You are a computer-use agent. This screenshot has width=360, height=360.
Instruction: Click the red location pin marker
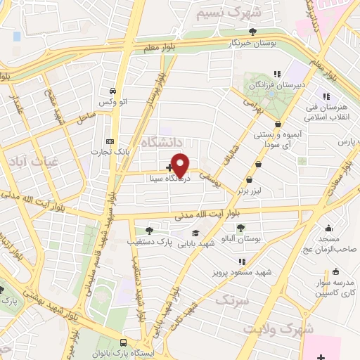coord(181,165)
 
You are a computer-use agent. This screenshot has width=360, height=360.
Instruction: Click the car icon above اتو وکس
coord(112,91)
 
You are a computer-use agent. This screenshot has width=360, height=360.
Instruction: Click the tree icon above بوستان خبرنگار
coord(252,31)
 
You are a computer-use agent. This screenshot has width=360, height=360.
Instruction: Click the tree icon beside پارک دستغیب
coord(149,230)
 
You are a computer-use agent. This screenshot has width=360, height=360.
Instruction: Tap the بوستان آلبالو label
coord(241,239)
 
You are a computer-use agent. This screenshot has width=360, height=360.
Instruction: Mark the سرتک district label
coord(231,301)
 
